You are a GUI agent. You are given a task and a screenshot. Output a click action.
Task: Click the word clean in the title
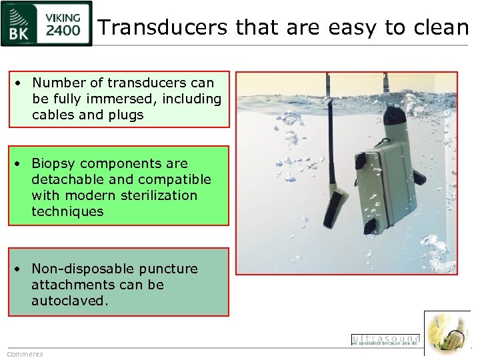coord(443,27)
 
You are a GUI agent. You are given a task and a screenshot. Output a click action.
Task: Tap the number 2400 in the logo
coord(64,30)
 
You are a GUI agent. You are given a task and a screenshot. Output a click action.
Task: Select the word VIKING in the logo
coord(64,17)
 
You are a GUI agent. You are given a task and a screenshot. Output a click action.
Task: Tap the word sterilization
coord(155,195)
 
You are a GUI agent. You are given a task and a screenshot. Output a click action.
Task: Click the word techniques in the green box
coord(67,211)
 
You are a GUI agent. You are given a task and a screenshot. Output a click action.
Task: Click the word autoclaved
coord(69,301)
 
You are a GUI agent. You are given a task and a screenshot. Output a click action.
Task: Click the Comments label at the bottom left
coord(25,354)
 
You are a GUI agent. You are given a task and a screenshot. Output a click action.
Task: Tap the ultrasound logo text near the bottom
coord(385,339)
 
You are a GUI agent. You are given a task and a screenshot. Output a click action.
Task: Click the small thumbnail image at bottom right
coord(447,333)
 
